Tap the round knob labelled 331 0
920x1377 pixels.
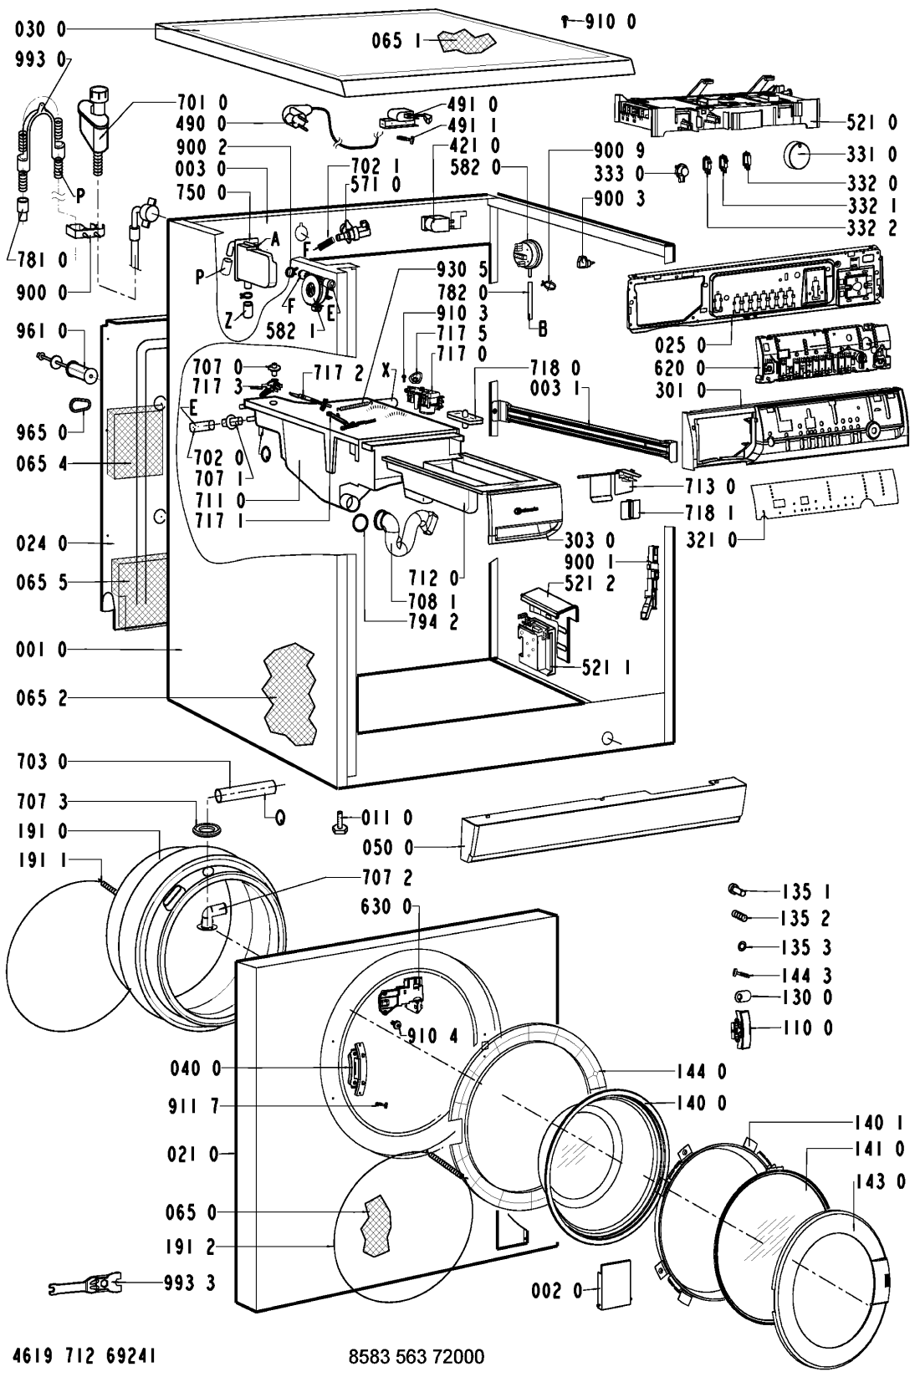pyautogui.click(x=800, y=155)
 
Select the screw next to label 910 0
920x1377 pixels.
pyautogui.click(x=566, y=22)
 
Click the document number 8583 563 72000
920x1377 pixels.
pyautogui.click(x=416, y=1355)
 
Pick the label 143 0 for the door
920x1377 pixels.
pyautogui.click(x=878, y=1181)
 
